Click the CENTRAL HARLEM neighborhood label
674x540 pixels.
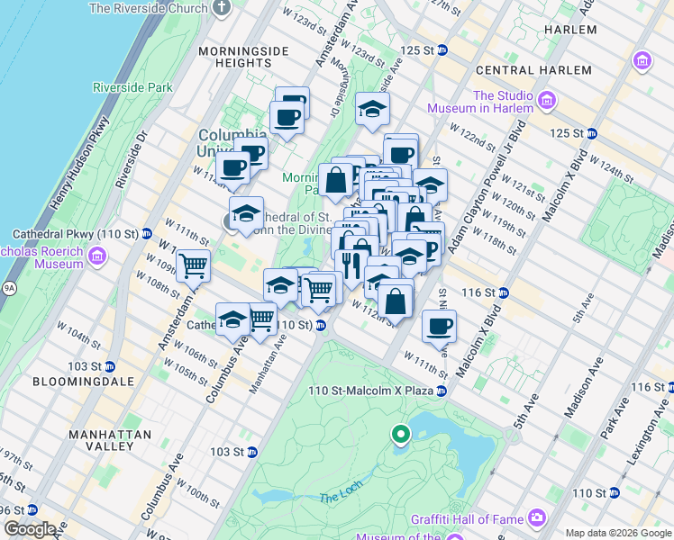click(524, 70)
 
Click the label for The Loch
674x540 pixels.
click(339, 498)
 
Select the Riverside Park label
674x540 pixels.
click(132, 88)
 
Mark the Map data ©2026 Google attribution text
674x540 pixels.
click(617, 533)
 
